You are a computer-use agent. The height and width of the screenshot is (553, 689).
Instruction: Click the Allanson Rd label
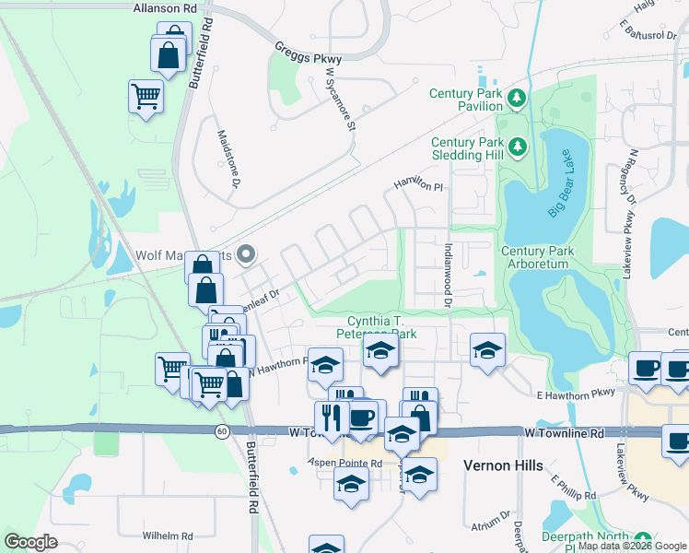pyautogui.click(x=165, y=7)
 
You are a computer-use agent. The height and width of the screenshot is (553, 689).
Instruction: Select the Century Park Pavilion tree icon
pyautogui.click(x=518, y=96)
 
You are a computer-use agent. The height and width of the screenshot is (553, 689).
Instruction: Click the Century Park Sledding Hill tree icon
pyautogui.click(x=518, y=146)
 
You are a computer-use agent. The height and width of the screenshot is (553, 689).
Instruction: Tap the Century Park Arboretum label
pyautogui.click(x=537, y=257)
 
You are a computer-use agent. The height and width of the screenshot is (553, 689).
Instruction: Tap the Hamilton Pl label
pyautogui.click(x=419, y=184)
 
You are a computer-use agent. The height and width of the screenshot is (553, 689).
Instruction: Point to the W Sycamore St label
pyautogui.click(x=340, y=101)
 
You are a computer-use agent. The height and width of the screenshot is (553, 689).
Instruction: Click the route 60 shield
pyautogui.click(x=223, y=430)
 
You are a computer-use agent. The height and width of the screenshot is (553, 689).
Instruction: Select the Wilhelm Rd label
pyautogui.click(x=168, y=535)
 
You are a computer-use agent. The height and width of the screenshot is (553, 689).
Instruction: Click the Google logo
pyautogui.click(x=30, y=542)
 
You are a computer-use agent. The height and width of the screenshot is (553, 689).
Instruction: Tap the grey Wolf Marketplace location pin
pyautogui.click(x=246, y=253)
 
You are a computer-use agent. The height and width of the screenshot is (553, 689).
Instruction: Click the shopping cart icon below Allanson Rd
pyautogui.click(x=146, y=94)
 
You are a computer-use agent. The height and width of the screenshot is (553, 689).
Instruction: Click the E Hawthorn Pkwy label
pyautogui.click(x=575, y=394)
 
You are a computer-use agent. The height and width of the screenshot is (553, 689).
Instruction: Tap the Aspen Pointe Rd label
pyautogui.click(x=344, y=463)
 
